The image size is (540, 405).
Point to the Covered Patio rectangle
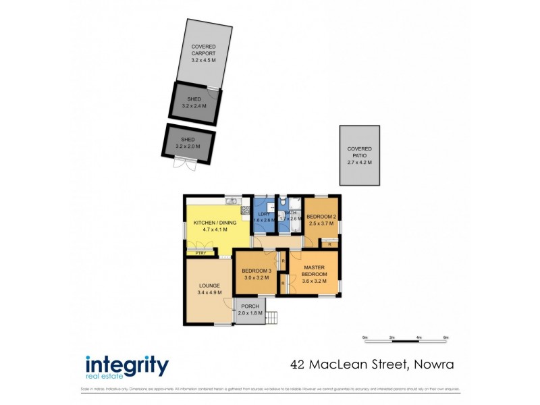[x=359, y=155]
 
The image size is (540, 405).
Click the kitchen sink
[x=231, y=200]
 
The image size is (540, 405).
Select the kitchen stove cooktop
[x=246, y=209]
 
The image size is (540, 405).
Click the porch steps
[x=272, y=316]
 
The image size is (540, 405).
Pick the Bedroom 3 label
[x=256, y=271]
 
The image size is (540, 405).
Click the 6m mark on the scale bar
[x=446, y=337]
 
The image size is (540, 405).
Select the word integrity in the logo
[x=127, y=365]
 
